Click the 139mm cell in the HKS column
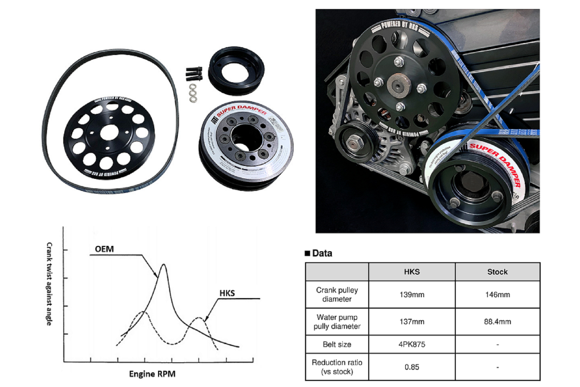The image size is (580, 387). coord(412,295)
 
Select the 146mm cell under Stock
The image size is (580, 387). coord(497,295)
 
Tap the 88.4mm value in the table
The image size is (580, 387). coord(497,322)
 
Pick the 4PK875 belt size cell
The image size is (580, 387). coord(412,344)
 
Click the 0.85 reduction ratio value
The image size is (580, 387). coord(412,367)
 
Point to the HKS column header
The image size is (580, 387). coord(412,272)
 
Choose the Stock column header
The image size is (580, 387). coord(497,272)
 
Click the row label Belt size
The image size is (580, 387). coord(337,344)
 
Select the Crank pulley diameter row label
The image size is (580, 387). coord(337,295)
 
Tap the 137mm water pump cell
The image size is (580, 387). coord(412,322)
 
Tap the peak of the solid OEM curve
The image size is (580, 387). coord(163,264)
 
